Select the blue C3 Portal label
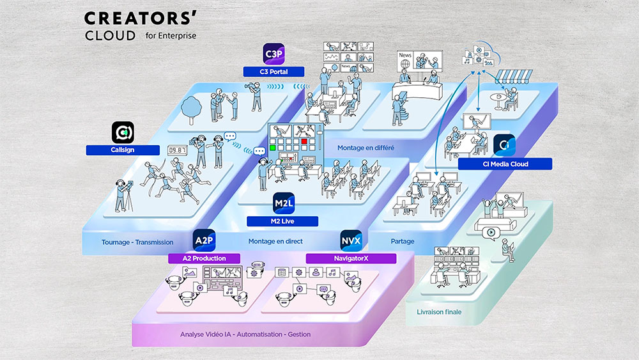point(273,72)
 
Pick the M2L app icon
point(283,202)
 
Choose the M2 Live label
point(282,221)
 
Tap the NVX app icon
point(351,240)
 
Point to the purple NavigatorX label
point(351,258)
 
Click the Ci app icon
point(504,145)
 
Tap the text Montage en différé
point(366,148)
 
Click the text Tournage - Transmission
point(137,242)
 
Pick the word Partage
point(402,241)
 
